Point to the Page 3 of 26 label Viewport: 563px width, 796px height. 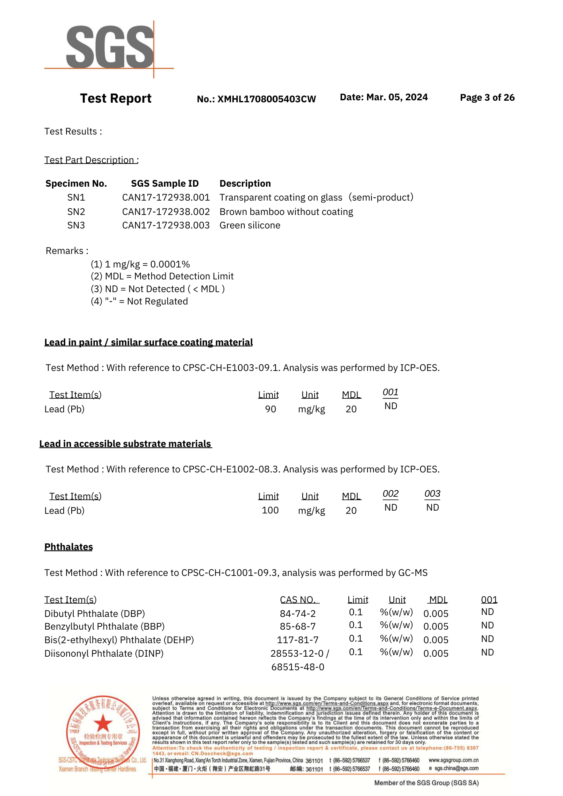(x=487, y=98)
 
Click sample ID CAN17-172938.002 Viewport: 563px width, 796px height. (x=166, y=212)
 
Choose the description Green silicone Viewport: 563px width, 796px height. (x=250, y=225)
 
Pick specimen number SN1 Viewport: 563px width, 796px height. (x=76, y=197)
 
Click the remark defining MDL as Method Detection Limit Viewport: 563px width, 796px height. (x=162, y=276)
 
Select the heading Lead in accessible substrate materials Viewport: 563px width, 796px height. (x=125, y=444)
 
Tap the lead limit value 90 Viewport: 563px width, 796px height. (x=270, y=409)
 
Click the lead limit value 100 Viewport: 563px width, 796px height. (x=270, y=510)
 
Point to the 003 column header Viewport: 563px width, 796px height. (x=432, y=494)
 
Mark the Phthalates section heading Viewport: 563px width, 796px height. (x=68, y=547)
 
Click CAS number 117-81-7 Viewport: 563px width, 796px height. (x=298, y=640)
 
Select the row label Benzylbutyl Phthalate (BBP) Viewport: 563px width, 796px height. (x=104, y=626)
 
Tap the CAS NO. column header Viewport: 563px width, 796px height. (x=299, y=600)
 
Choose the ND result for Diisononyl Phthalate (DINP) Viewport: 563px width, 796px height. (x=487, y=652)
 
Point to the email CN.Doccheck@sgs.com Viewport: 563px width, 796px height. (x=222, y=753)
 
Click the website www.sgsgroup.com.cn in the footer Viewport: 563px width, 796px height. (x=454, y=760)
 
